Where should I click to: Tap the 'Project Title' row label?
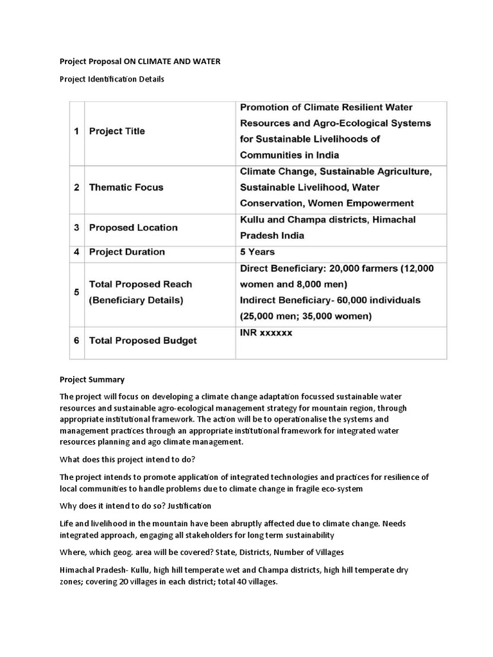coord(117,131)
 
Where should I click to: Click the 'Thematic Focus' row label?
coord(126,187)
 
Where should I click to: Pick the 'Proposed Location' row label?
coord(133,228)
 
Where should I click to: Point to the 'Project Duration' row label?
coord(126,252)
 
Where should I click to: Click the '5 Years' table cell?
coord(257,252)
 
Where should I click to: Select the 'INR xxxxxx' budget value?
coord(266,333)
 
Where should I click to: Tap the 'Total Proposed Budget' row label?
coord(143,341)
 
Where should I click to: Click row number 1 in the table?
coord(76,131)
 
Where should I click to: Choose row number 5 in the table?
coord(76,292)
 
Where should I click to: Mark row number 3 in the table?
coord(76,228)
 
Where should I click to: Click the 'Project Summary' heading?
coord(92,379)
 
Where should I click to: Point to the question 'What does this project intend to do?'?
coord(132,459)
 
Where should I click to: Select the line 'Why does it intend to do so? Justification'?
coord(135,506)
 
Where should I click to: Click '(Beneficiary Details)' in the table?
coord(135,300)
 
